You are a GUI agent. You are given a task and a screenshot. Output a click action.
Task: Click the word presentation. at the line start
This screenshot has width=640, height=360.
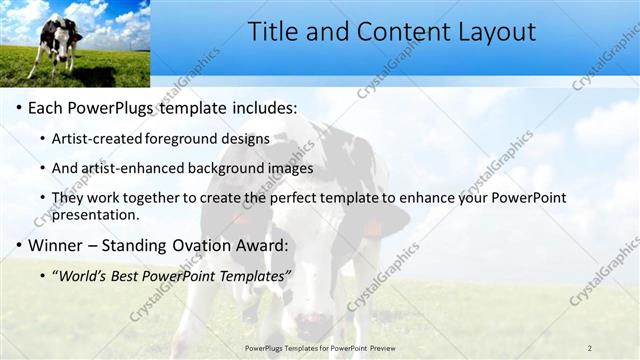(96, 214)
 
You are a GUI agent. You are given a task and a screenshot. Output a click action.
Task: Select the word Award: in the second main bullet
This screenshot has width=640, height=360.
(263, 245)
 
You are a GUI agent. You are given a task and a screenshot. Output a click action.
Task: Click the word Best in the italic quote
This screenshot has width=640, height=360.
(129, 275)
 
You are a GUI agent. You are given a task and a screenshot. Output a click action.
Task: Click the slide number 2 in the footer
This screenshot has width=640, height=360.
(589, 348)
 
